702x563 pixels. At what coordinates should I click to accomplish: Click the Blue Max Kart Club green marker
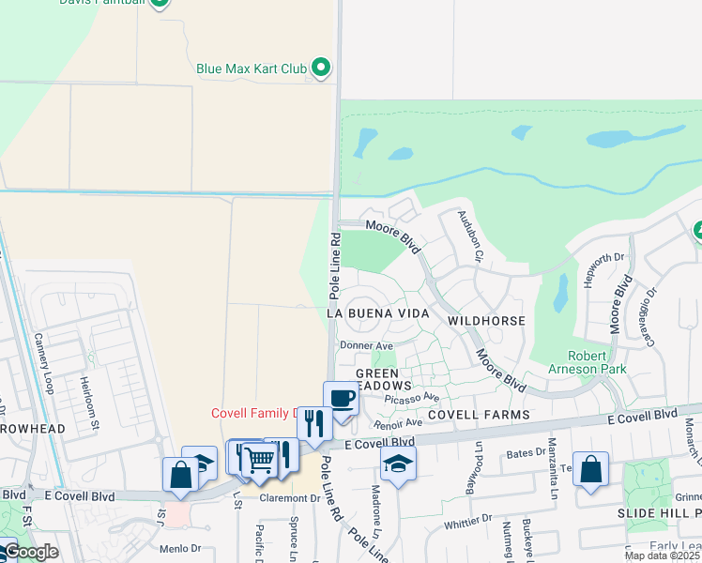click(x=321, y=68)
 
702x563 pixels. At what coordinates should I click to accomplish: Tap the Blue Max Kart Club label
click(x=252, y=68)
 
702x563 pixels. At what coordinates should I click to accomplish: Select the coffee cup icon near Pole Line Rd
click(x=341, y=398)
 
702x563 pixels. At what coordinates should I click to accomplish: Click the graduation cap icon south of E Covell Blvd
click(x=398, y=464)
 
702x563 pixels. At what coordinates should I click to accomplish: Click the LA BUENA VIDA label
click(x=377, y=312)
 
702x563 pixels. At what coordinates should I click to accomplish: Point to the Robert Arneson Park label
click(x=600, y=362)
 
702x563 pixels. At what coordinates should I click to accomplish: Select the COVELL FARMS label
click(x=479, y=414)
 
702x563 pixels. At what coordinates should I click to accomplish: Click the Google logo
click(x=31, y=552)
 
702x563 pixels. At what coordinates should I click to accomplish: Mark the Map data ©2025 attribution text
click(x=663, y=555)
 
